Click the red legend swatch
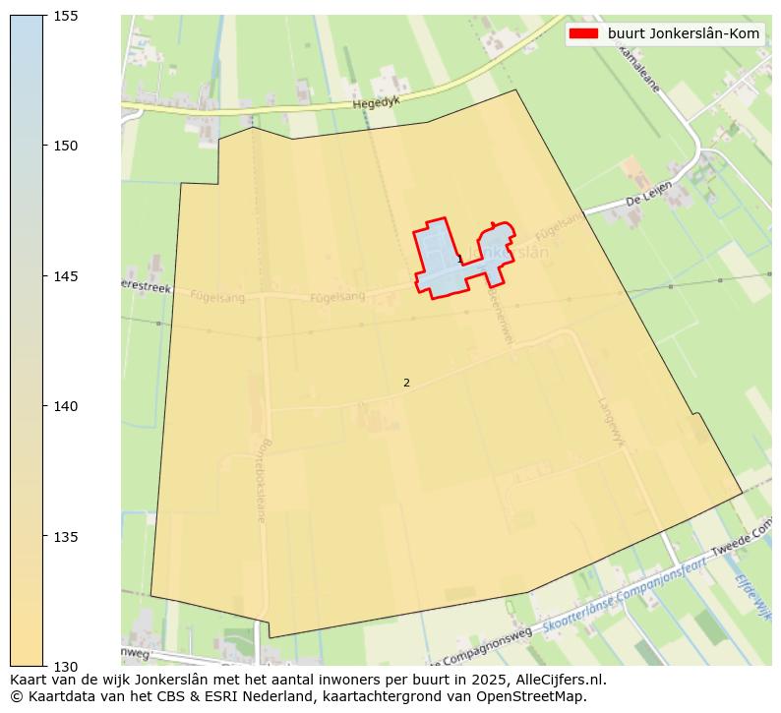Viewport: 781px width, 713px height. click(583, 34)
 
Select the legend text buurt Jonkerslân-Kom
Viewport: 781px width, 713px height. click(684, 34)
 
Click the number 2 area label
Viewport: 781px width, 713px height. click(406, 383)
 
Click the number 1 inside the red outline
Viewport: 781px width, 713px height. click(458, 259)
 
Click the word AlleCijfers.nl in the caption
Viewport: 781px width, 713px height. click(561, 679)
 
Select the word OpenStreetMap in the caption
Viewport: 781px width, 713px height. click(536, 696)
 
